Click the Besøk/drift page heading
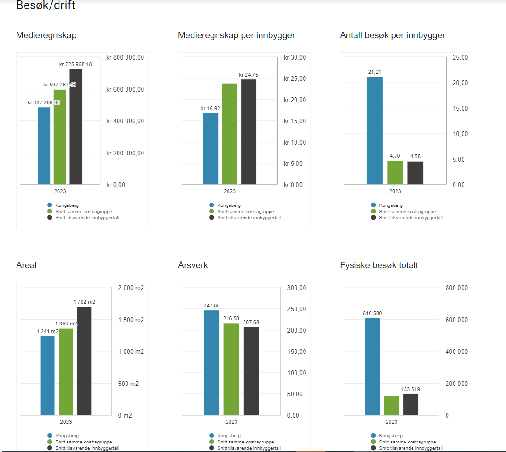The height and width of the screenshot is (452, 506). (45, 6)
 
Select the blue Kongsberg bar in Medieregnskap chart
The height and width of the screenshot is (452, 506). (44, 146)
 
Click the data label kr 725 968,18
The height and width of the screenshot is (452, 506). (76, 64)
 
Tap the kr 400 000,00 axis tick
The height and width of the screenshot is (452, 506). (125, 121)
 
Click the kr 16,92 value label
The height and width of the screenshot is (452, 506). (211, 108)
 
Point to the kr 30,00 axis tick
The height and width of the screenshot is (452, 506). (295, 57)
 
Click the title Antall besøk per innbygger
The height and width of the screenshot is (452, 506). (392, 35)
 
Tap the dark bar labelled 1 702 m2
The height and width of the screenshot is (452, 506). (84, 361)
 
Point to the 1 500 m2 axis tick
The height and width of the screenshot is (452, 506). (131, 320)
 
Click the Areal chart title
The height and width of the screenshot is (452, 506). (26, 265)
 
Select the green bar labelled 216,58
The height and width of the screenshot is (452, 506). (231, 369)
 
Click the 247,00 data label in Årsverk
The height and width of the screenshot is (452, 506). (211, 306)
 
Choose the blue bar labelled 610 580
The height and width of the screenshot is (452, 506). (372, 367)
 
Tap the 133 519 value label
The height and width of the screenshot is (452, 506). (411, 389)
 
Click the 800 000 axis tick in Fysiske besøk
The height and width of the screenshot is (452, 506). (456, 288)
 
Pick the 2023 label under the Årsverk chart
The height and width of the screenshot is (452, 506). (231, 422)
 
